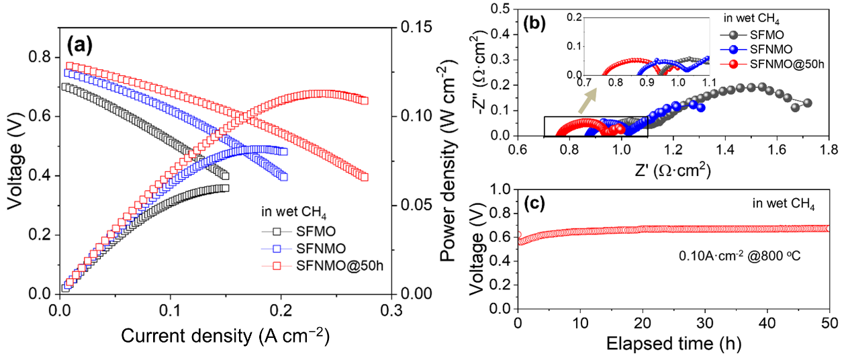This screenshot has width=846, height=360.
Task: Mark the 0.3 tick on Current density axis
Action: [391, 310]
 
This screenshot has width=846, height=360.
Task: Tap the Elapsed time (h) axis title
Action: [673, 345]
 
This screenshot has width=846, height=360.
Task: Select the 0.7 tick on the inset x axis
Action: [585, 81]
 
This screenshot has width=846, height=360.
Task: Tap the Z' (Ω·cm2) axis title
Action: [672, 170]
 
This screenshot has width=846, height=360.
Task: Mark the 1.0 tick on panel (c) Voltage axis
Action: [499, 190]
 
